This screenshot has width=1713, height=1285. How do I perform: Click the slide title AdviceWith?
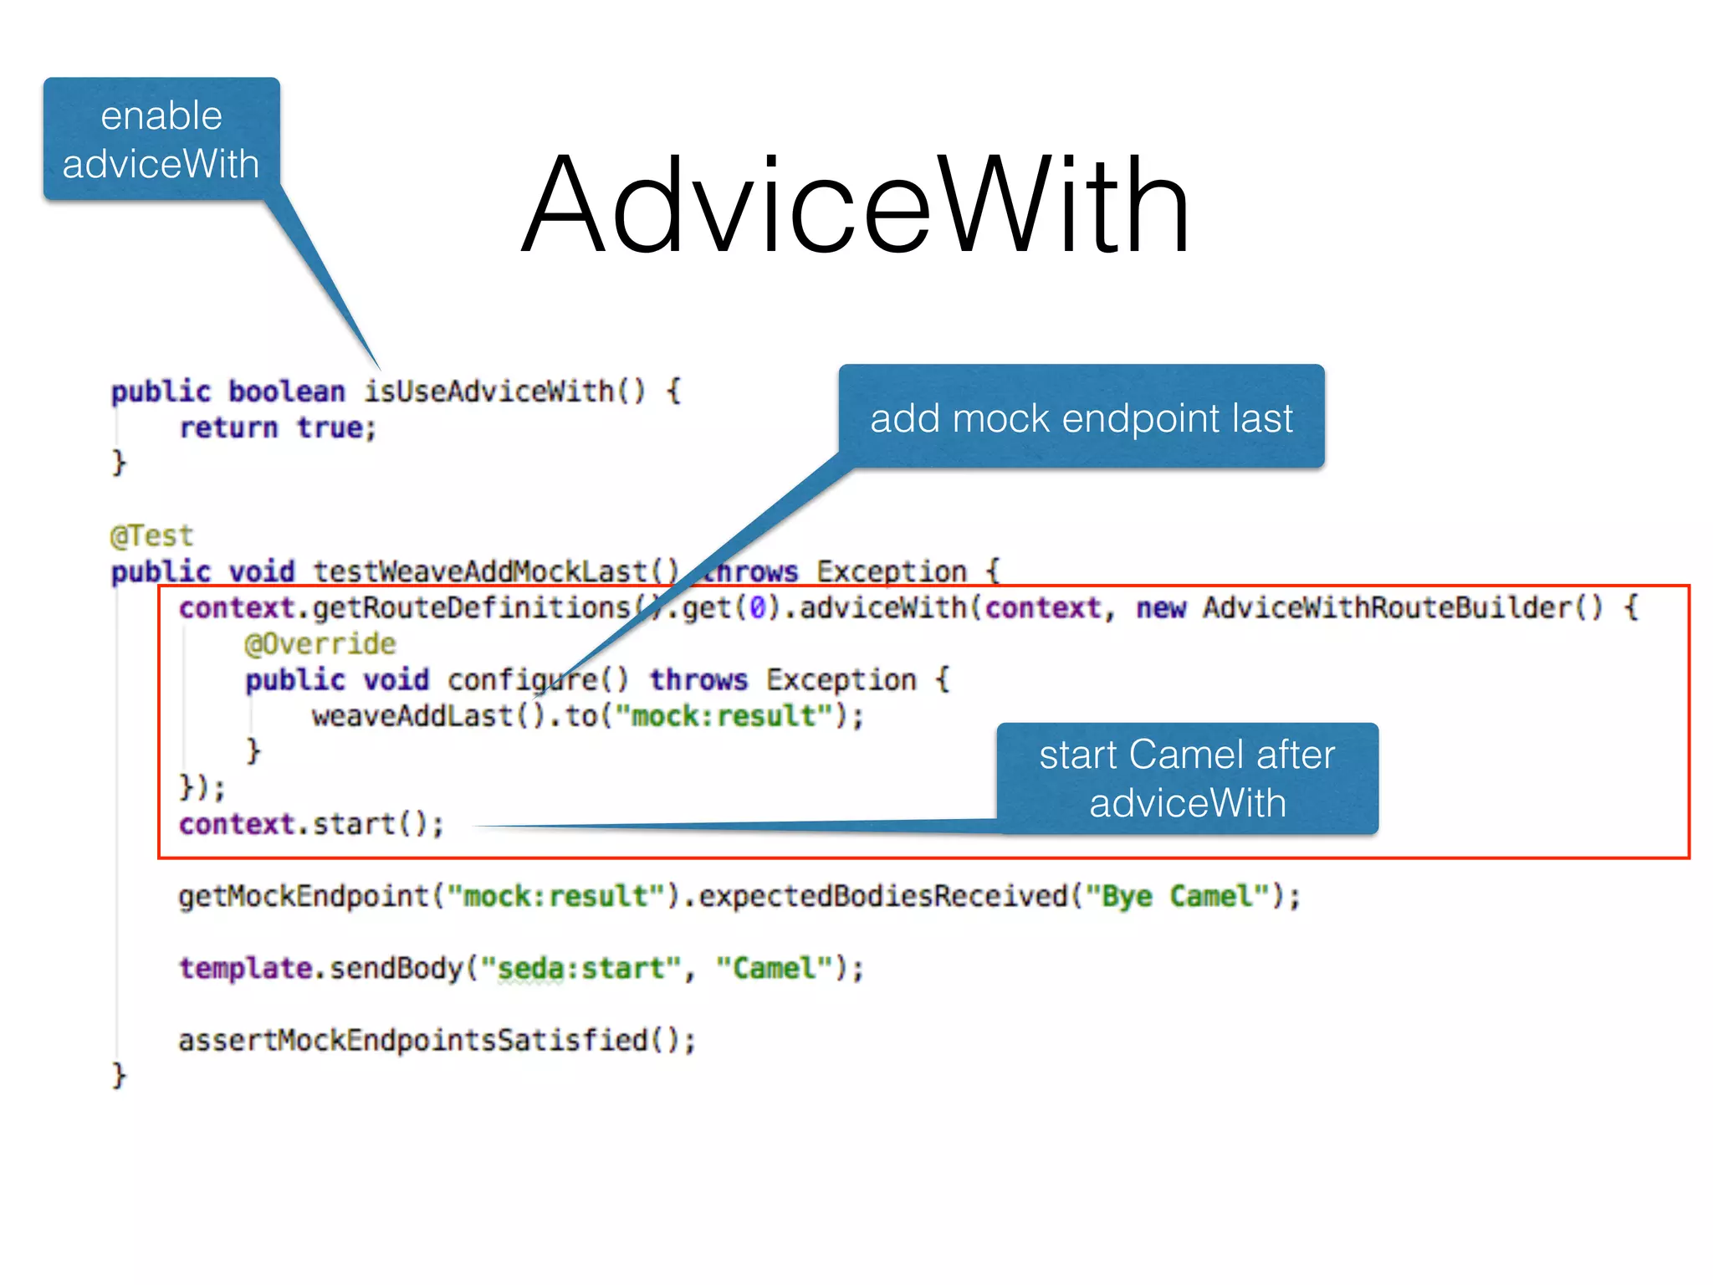pos(855,205)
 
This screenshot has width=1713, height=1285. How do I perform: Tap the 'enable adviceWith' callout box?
pos(161,139)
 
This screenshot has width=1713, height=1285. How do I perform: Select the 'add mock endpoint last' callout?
pos(1081,417)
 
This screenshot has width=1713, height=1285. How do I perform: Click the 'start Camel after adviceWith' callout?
pos(1187,779)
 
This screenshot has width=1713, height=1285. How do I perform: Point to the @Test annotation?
pos(151,535)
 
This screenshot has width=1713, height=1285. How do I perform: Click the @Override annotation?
pos(320,643)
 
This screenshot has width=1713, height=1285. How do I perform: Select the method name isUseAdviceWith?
pos(489,391)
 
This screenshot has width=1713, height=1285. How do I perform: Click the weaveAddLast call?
pos(412,716)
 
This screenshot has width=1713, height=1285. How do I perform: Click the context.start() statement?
pos(311,824)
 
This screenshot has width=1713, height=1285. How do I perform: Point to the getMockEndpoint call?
pos(303,896)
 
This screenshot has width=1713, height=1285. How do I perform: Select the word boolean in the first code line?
pos(287,391)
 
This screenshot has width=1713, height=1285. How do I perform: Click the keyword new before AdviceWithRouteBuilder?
pos(1160,607)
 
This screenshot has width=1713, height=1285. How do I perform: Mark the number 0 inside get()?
pos(757,607)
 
